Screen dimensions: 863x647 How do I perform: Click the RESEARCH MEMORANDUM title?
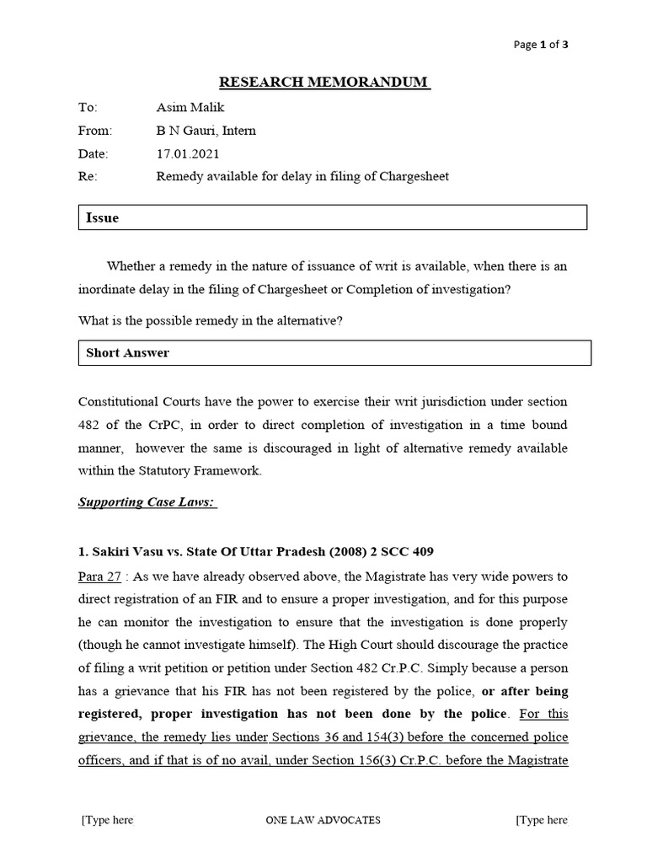coord(324,83)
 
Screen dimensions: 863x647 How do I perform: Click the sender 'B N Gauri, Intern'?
coord(206,131)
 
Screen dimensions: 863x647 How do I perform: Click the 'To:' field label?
coord(88,107)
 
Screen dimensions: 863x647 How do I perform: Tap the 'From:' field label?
coord(95,131)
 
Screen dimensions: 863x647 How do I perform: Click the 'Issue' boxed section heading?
coord(103,217)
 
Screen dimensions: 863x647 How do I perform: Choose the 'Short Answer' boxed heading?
coord(127,352)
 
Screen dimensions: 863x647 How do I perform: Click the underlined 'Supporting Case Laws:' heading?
coord(147,503)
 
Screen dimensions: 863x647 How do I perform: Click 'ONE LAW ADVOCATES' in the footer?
coord(323,819)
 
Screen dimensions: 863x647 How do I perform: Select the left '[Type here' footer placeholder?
coord(107,819)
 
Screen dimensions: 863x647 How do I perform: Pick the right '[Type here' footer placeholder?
coord(541,819)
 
